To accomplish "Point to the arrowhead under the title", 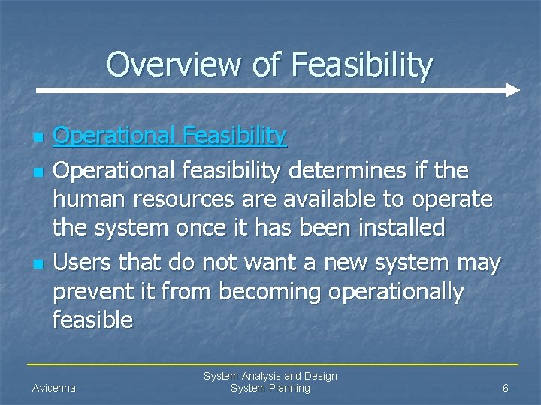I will click(512, 90).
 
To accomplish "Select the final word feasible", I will click(92, 320).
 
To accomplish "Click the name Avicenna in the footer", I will click(54, 388).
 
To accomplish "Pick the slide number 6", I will click(506, 388).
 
